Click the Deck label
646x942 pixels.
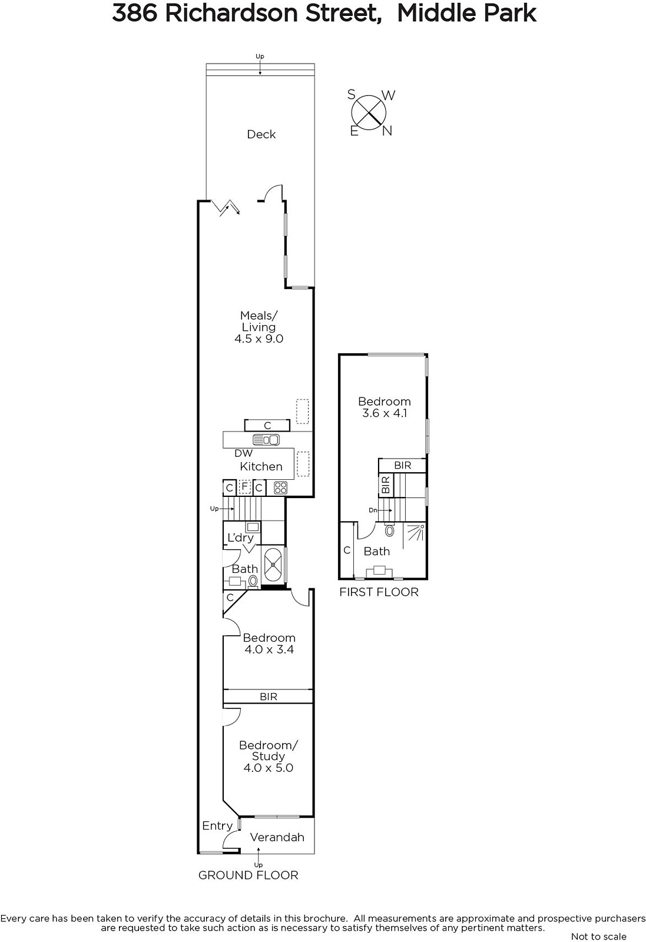pyautogui.click(x=261, y=134)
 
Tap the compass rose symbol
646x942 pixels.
pyautogui.click(x=369, y=112)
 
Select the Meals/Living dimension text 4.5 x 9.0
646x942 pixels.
pyautogui.click(x=259, y=339)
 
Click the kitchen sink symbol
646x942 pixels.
pyautogui.click(x=266, y=440)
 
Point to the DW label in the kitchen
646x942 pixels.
pyautogui.click(x=244, y=453)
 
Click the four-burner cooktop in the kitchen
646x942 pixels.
pyautogui.click(x=280, y=487)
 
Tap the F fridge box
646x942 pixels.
pyautogui.click(x=245, y=486)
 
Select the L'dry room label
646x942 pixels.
pyautogui.click(x=241, y=538)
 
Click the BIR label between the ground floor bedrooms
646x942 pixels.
pyautogui.click(x=269, y=697)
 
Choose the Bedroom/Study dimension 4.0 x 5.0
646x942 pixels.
pyautogui.click(x=269, y=768)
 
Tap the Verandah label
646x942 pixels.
pyautogui.click(x=277, y=837)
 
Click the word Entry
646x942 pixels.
pyautogui.click(x=217, y=826)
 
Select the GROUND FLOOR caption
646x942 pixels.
pyautogui.click(x=248, y=875)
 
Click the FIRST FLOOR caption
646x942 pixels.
pyautogui.click(x=379, y=592)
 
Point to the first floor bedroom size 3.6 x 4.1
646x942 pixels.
pyautogui.click(x=385, y=413)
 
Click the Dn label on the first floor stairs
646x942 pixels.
pyautogui.click(x=373, y=510)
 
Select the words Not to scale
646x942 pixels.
pyautogui.click(x=598, y=936)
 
